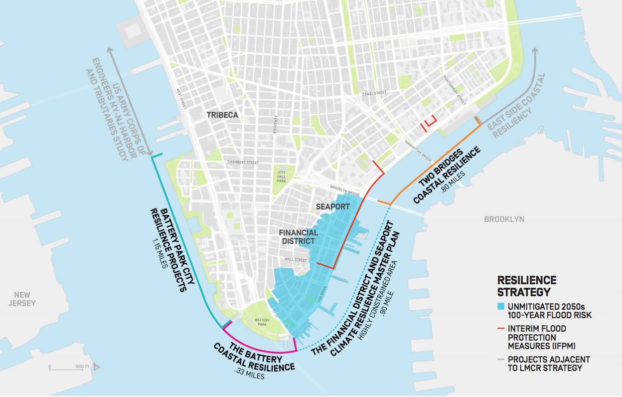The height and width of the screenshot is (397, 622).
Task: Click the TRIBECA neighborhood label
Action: point(222,115)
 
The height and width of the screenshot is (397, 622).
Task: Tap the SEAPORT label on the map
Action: point(333,206)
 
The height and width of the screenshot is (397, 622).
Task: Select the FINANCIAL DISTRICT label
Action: point(299,237)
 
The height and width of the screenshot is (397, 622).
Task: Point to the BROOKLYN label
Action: point(504,219)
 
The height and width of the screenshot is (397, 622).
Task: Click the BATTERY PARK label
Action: point(262,322)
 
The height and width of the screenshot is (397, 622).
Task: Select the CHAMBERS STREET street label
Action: point(243,163)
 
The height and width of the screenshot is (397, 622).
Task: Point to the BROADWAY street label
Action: point(274,122)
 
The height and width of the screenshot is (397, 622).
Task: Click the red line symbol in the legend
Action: point(501,329)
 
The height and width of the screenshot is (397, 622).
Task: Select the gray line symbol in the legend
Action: point(501,359)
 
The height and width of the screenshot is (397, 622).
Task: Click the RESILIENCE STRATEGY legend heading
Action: point(527,286)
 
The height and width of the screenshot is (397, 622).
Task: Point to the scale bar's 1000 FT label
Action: point(83,367)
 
